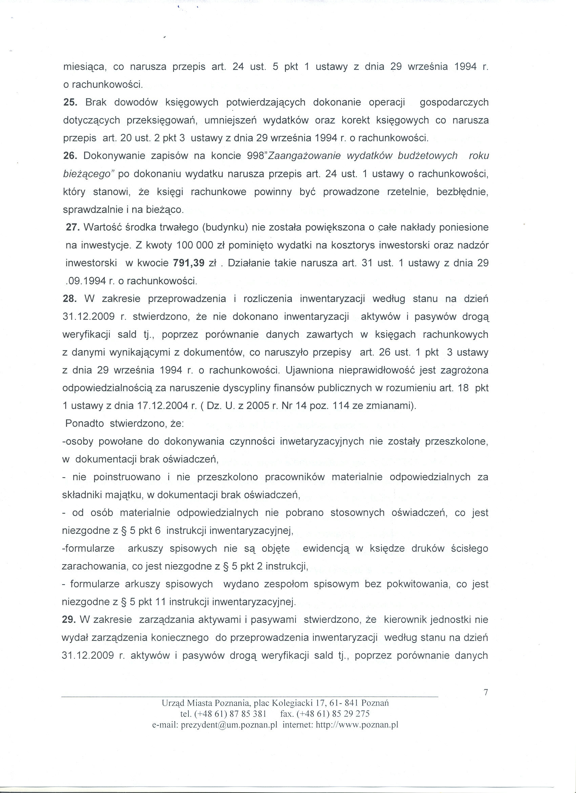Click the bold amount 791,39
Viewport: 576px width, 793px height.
click(x=189, y=263)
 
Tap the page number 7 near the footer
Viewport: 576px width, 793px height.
click(x=485, y=692)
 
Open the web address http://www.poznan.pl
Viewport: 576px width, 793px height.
click(x=357, y=725)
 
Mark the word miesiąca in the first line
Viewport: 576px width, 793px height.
click(x=85, y=67)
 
